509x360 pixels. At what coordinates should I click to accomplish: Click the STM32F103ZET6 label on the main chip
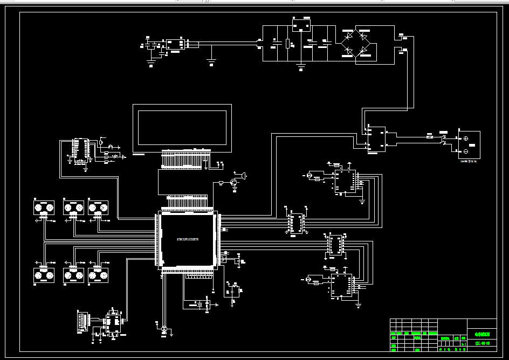tap(188, 238)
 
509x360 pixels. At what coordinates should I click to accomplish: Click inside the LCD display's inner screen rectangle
tap(182, 127)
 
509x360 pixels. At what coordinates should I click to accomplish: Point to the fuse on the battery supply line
tap(430, 137)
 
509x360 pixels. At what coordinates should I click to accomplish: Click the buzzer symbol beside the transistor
tap(245, 176)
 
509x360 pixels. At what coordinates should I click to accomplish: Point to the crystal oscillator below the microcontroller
tap(201, 304)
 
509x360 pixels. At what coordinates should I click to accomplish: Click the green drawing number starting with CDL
tap(482, 342)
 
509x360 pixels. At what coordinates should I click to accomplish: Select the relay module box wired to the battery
tap(377, 140)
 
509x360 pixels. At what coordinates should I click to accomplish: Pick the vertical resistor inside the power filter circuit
tap(288, 44)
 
